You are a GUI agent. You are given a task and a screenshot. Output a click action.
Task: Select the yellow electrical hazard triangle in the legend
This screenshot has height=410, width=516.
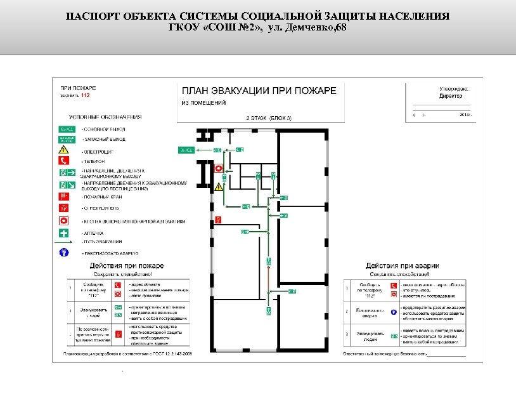64,150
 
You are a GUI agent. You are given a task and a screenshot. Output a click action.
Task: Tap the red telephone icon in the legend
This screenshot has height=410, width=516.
64,161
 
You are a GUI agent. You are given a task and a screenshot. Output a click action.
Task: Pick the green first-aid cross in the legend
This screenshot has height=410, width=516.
64,232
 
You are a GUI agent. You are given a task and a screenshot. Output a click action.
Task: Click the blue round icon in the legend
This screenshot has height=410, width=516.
64,252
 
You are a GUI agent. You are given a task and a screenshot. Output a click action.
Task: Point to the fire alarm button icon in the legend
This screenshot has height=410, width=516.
64,220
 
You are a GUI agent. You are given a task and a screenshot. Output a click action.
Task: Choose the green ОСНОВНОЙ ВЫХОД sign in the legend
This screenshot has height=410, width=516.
67,128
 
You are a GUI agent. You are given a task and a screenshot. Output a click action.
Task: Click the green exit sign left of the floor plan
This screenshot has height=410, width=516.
186,150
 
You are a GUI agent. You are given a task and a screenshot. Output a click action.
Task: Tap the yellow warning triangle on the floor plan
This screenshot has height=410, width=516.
219,186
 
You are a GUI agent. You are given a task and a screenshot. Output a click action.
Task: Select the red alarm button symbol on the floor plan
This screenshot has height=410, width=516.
219,168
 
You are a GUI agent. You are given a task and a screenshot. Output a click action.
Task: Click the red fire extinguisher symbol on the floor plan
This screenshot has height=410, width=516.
218,219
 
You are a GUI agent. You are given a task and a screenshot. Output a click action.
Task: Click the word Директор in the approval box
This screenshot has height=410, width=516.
451,96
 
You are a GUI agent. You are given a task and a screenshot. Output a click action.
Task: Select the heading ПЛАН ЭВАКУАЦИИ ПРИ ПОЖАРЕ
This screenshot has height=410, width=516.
259,91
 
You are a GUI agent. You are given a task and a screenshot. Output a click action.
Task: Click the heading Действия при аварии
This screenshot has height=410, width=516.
402,265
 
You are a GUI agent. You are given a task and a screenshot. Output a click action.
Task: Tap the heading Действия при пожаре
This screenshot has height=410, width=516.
127,265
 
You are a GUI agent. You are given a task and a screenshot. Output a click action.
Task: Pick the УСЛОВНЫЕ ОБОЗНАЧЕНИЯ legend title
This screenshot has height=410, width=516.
105,117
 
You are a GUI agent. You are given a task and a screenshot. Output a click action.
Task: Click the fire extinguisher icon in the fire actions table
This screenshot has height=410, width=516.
118,333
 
